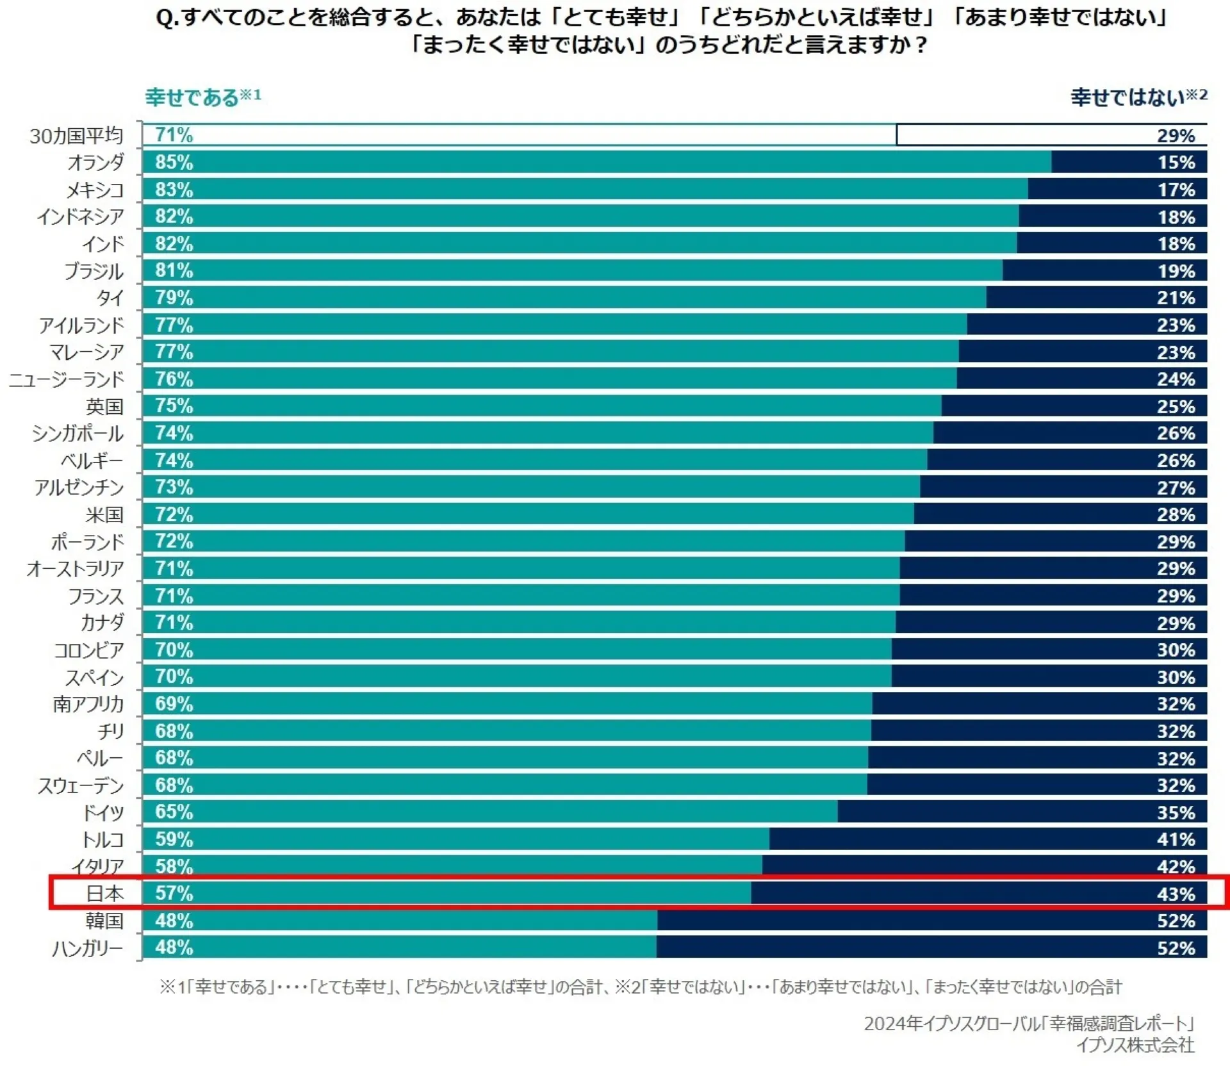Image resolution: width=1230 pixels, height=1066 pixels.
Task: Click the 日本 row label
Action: (104, 893)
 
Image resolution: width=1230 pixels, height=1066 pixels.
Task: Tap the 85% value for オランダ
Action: (174, 162)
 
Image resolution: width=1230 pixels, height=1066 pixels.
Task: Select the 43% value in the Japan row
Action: (1176, 894)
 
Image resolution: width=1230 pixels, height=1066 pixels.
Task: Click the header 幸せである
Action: (192, 97)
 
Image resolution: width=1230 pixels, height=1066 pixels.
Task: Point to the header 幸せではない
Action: (1127, 97)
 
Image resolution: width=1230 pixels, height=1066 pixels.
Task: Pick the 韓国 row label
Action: (104, 921)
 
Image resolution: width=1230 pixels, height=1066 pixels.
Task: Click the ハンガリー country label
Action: (88, 947)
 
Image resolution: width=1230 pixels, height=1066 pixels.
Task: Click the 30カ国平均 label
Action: (76, 136)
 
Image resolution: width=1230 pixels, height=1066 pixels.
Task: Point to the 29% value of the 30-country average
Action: (1176, 136)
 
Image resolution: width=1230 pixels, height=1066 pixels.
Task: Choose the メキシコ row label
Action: (95, 190)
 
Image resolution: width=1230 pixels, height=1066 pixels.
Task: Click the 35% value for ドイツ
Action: (1176, 812)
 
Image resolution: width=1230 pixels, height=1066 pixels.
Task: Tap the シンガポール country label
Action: (78, 434)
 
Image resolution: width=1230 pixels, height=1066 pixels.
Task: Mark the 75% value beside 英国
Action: (174, 406)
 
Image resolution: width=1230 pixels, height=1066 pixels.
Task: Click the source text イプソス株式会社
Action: (1135, 1045)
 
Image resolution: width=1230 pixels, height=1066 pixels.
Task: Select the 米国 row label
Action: (104, 514)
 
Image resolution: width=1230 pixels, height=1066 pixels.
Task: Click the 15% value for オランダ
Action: (1176, 162)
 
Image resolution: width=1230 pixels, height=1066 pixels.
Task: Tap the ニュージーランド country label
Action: (67, 379)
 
